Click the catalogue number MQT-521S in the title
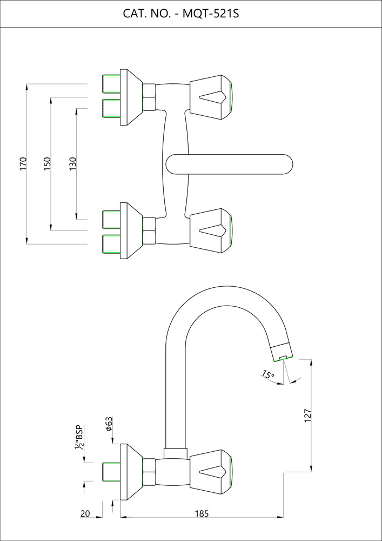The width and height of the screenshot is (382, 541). [211, 13]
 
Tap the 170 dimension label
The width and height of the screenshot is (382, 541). [23, 164]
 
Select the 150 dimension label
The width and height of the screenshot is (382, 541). [47, 164]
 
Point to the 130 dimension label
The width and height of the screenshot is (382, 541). [73, 164]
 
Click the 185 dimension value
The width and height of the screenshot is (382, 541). [201, 513]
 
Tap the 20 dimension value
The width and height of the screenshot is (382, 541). [85, 513]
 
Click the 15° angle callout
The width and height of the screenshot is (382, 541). [267, 374]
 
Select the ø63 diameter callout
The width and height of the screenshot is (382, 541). [109, 424]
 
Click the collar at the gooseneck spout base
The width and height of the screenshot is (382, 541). [175, 453]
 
